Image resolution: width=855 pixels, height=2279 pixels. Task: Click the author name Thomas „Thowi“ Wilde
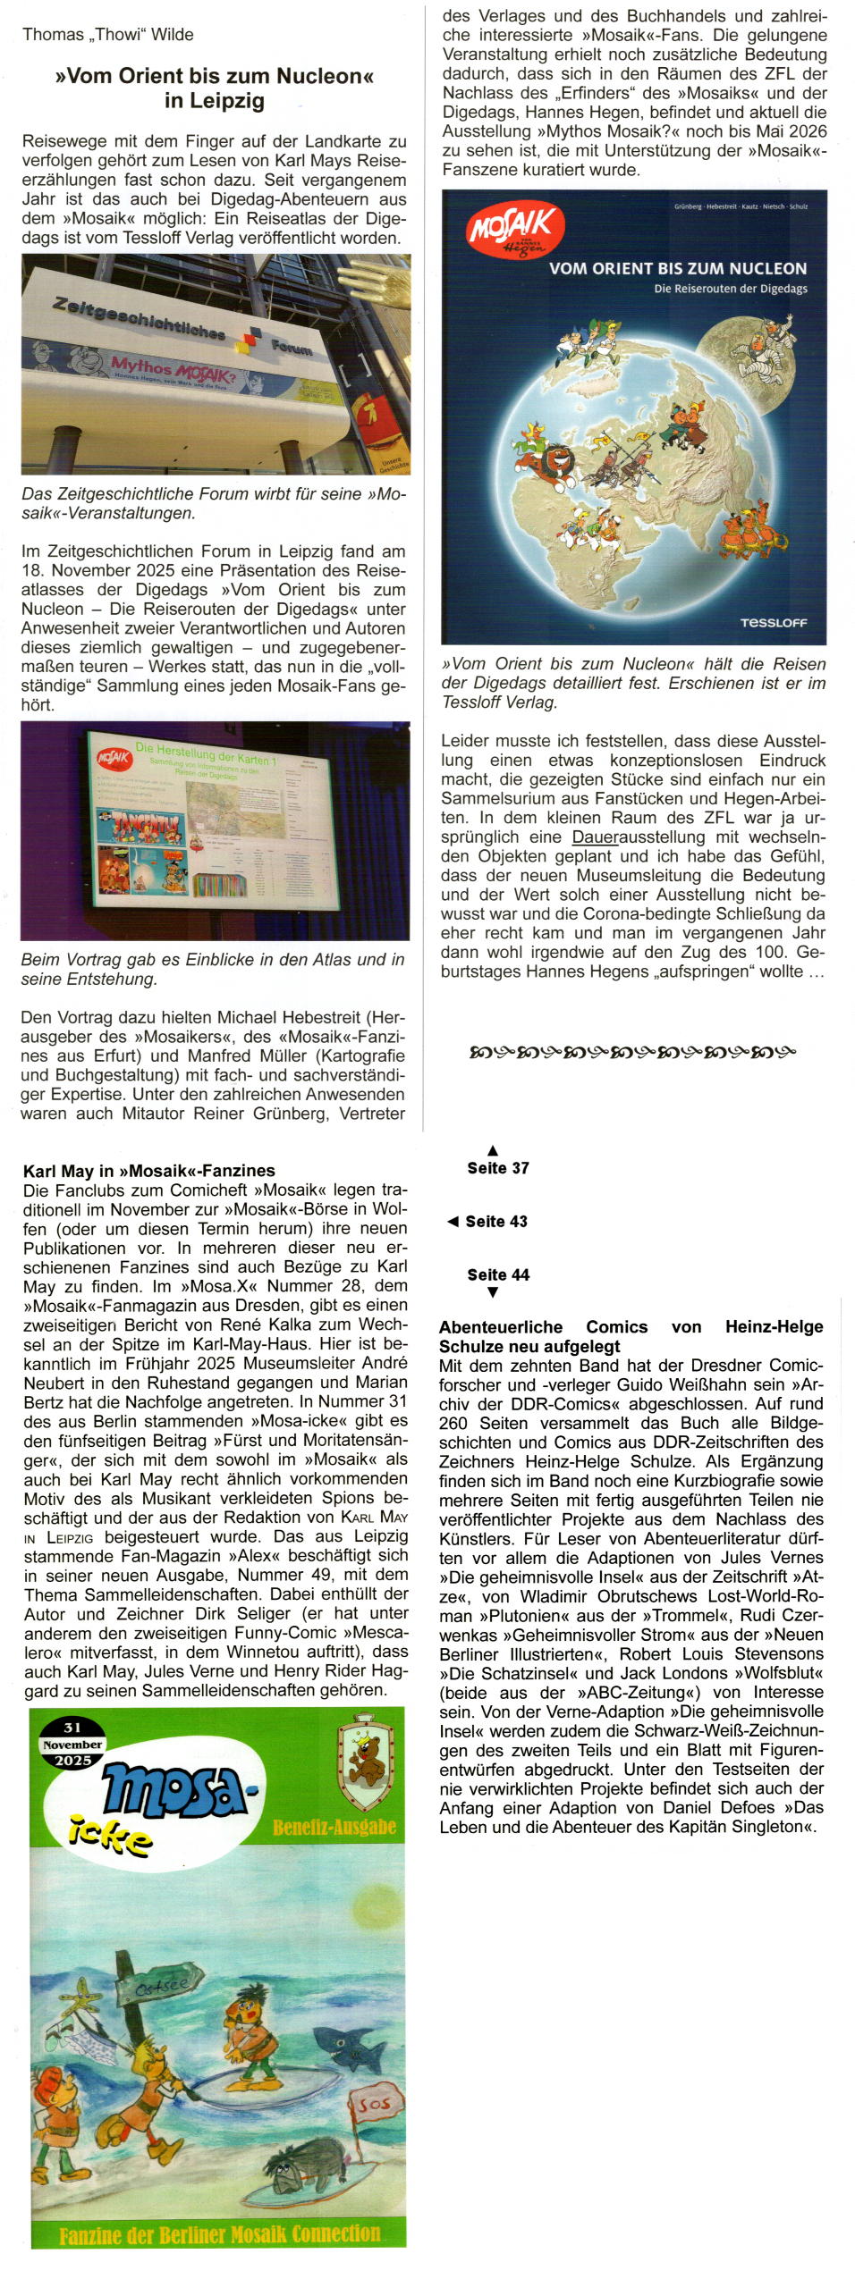107,35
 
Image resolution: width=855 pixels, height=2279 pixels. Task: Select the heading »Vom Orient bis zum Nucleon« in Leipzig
214,88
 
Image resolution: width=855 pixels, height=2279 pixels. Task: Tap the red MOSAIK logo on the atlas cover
514,231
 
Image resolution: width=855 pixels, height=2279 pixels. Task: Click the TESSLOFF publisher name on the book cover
773,622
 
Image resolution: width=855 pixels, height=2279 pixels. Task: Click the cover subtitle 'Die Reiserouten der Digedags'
730,289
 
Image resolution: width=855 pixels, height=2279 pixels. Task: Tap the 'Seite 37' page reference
497,1167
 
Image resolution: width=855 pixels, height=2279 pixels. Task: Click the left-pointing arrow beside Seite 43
453,1221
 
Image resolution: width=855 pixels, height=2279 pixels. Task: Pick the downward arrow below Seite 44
492,1292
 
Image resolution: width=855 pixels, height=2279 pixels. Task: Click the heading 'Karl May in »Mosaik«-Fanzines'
148,1170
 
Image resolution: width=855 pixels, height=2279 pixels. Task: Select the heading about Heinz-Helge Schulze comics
631,1336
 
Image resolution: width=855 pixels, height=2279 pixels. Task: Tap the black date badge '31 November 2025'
72,1744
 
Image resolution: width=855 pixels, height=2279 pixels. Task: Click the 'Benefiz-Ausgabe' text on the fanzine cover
334,1826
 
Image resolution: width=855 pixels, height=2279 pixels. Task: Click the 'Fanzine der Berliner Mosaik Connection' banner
219,2233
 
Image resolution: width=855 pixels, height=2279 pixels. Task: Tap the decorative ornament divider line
631,1052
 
